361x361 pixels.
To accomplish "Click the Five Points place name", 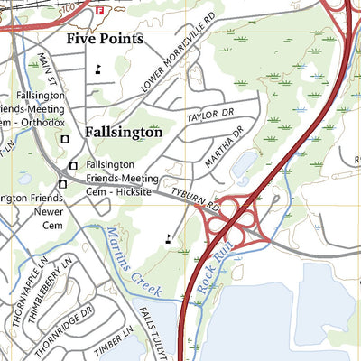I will click(105, 39).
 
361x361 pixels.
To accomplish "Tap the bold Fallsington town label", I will click(124, 132).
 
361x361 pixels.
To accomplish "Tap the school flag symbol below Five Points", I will click(97, 69).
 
